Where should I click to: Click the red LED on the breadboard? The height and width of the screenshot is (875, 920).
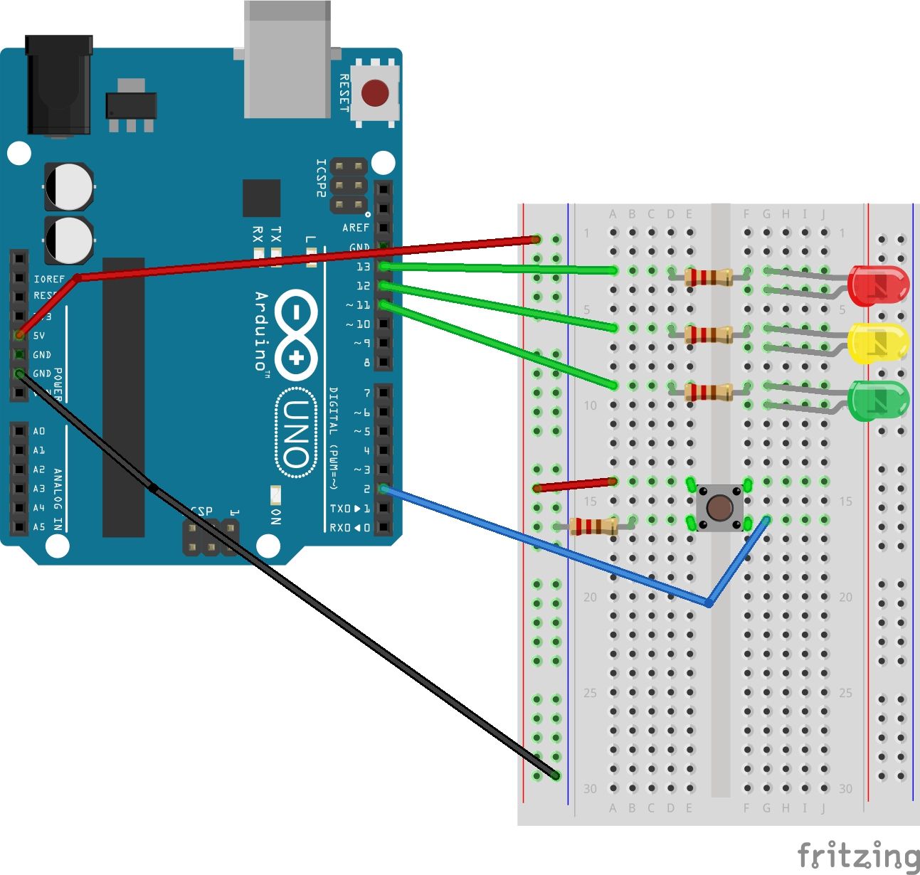pos(879,286)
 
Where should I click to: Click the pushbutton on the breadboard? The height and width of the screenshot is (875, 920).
pos(720,507)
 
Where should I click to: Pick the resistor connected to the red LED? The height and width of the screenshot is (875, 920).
pos(709,277)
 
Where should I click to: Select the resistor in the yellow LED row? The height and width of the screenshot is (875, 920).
pos(709,334)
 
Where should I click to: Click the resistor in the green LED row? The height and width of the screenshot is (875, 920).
pos(709,391)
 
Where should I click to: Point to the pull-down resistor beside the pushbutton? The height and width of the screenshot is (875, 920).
pos(593,526)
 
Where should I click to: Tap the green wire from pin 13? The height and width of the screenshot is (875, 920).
pos(498,269)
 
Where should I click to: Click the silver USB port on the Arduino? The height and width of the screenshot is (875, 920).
pos(287,60)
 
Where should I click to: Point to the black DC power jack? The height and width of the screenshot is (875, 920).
pos(59,85)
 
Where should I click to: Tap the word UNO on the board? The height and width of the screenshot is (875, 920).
pos(295,434)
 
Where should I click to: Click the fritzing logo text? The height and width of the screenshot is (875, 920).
pos(857,855)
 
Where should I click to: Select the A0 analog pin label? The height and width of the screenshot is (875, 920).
pos(38,431)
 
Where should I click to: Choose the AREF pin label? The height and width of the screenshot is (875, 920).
pos(356,228)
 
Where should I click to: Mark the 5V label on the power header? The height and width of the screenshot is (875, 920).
pos(38,335)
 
